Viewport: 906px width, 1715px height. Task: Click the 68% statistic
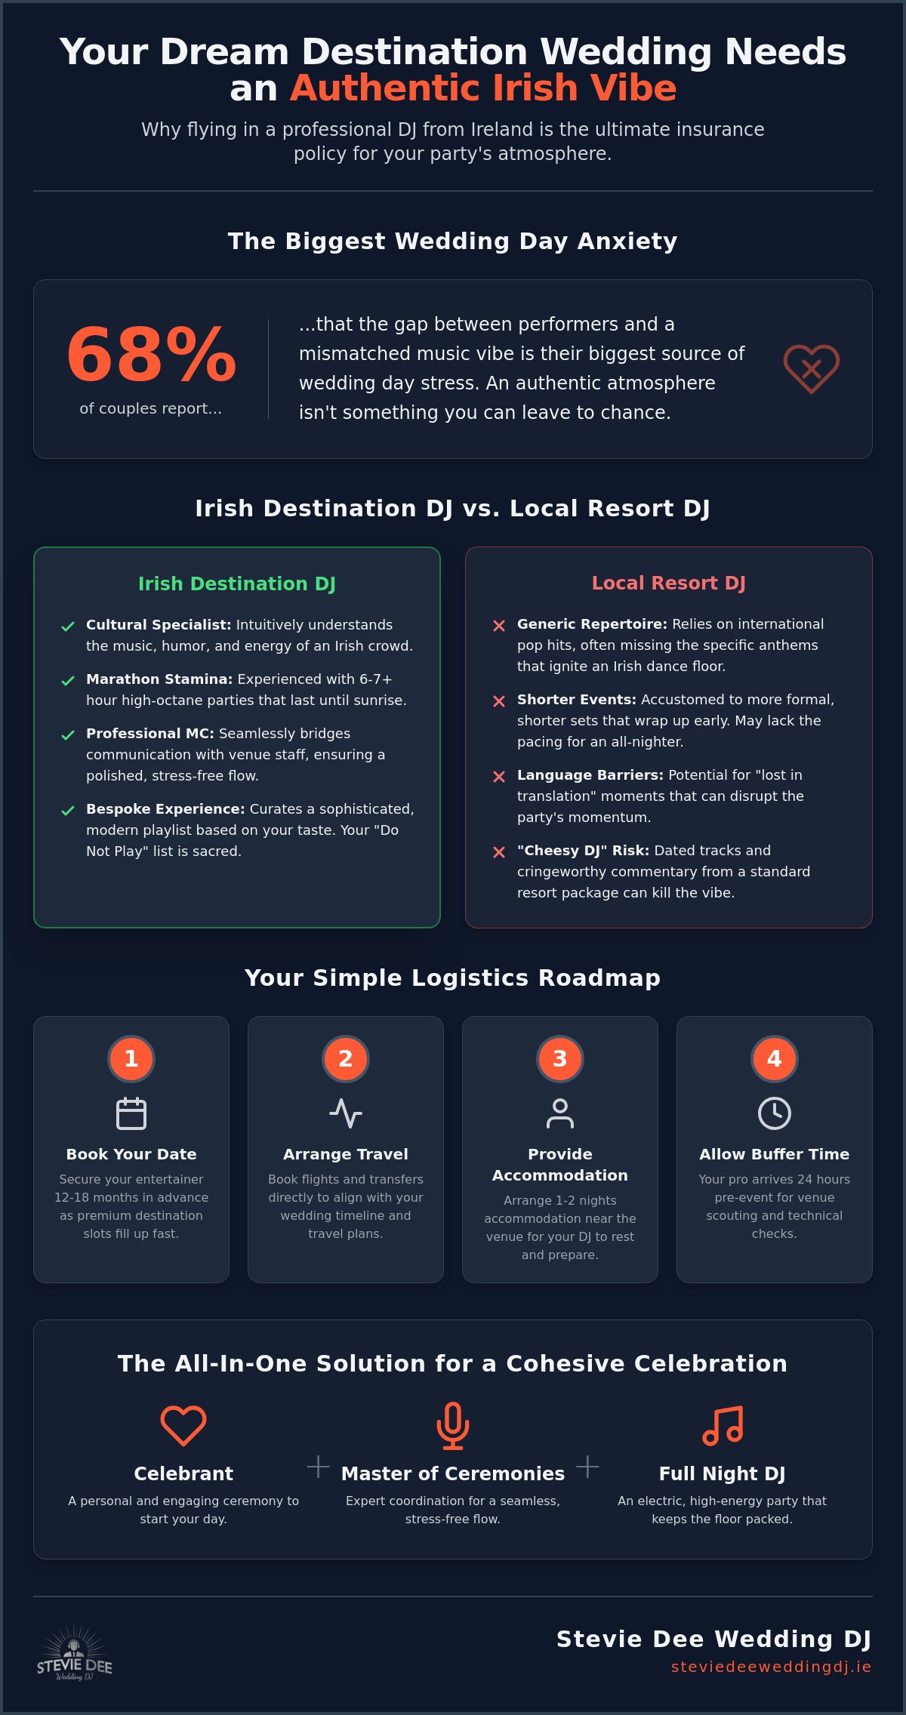click(x=151, y=353)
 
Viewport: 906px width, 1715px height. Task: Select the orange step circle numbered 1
click(x=131, y=1058)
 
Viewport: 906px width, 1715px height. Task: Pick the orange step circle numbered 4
click(x=775, y=1058)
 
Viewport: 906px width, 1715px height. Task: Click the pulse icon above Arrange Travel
click(x=346, y=1113)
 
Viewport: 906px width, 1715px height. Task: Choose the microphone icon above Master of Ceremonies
click(x=453, y=1426)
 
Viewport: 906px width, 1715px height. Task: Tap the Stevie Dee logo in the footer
click(x=74, y=1654)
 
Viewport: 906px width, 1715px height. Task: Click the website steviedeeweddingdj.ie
click(x=772, y=1667)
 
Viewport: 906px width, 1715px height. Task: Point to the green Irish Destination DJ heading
click(x=237, y=583)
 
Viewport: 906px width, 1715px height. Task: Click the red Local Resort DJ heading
click(x=669, y=583)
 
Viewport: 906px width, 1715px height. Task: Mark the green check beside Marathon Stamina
click(x=68, y=681)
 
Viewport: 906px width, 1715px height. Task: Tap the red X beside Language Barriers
click(x=499, y=777)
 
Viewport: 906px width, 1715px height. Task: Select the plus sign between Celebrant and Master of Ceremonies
click(x=319, y=1467)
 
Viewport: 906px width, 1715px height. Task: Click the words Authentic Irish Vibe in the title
click(x=483, y=88)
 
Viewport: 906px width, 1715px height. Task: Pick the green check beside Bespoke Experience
click(x=68, y=811)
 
